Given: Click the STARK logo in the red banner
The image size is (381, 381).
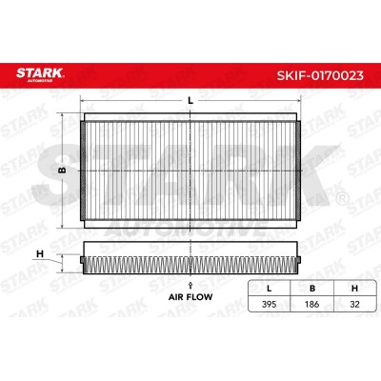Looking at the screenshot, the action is click(x=40, y=74).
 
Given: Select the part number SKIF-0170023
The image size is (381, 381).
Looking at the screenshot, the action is click(x=320, y=75).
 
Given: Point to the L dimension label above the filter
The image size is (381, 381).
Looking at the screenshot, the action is click(x=190, y=101).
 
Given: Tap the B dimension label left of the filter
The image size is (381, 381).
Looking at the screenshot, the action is click(x=63, y=170).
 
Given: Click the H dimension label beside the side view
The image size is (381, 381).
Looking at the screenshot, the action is click(x=40, y=254).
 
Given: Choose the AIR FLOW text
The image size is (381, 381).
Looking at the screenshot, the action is click(x=190, y=297).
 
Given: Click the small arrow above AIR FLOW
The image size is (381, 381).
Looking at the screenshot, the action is click(x=190, y=285).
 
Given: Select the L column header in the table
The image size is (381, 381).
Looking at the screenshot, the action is click(x=270, y=289).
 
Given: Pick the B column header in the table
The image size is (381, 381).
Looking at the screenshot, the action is click(x=312, y=289).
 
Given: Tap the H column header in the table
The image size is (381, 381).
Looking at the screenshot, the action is click(x=354, y=289).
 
